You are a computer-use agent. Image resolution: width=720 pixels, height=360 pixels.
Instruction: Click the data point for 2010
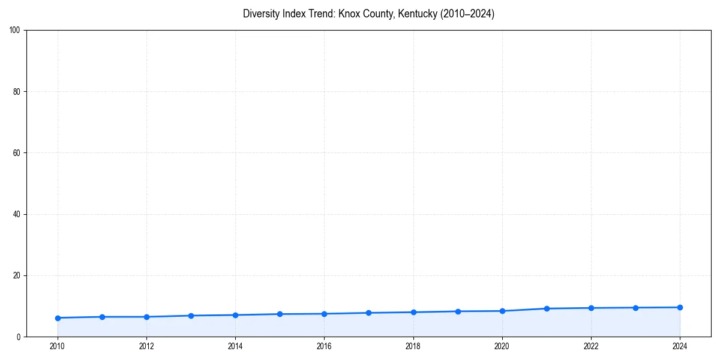coord(58,318)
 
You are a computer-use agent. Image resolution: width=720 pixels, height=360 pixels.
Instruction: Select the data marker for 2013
coord(191,316)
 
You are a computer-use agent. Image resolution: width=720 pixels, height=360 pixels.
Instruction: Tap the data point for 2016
coord(324,314)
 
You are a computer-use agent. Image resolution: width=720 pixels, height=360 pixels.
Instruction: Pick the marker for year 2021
coord(547,308)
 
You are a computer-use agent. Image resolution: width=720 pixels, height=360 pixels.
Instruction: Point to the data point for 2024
coord(680,307)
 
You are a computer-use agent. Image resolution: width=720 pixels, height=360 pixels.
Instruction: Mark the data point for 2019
coord(458,311)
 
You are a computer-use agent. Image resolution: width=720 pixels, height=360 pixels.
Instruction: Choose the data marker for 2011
coord(102,317)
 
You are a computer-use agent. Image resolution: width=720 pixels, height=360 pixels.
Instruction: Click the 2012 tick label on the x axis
coord(146,346)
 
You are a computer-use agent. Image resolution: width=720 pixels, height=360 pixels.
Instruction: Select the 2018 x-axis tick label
coord(413,346)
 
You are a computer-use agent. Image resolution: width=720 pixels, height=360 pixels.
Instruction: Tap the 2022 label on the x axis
coord(591,346)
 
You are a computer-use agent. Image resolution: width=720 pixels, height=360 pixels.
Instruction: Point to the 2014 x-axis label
coord(235,346)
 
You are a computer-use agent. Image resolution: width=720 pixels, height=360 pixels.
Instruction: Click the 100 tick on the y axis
coord(16,31)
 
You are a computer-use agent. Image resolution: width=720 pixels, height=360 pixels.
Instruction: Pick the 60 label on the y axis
coord(17,153)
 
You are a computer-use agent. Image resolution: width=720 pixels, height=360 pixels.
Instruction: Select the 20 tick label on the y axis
coord(17,275)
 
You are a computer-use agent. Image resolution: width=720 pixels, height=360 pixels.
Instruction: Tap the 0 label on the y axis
coord(19,337)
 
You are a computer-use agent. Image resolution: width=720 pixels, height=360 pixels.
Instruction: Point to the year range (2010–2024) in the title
coord(467,14)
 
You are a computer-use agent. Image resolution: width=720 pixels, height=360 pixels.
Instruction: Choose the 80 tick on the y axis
coord(17,92)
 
